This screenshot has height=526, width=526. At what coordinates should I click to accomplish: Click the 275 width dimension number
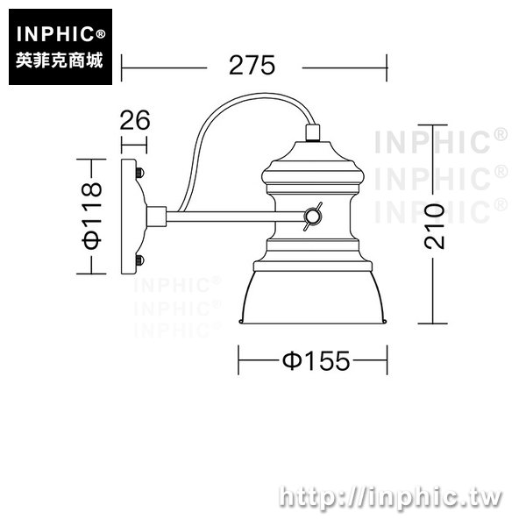click(x=252, y=65)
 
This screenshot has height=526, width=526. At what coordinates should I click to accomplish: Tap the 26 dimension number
click(x=135, y=120)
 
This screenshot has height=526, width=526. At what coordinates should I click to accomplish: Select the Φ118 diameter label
click(x=91, y=216)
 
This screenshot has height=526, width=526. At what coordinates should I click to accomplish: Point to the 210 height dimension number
click(x=434, y=226)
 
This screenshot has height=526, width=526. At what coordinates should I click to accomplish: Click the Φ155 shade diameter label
click(x=316, y=361)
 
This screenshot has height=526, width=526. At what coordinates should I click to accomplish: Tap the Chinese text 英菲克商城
click(x=59, y=60)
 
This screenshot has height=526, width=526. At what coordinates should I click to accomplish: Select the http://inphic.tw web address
click(x=390, y=497)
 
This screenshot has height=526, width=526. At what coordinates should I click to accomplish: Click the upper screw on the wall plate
click(x=140, y=173)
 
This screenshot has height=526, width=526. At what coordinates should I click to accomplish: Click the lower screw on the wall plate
click(x=140, y=260)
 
